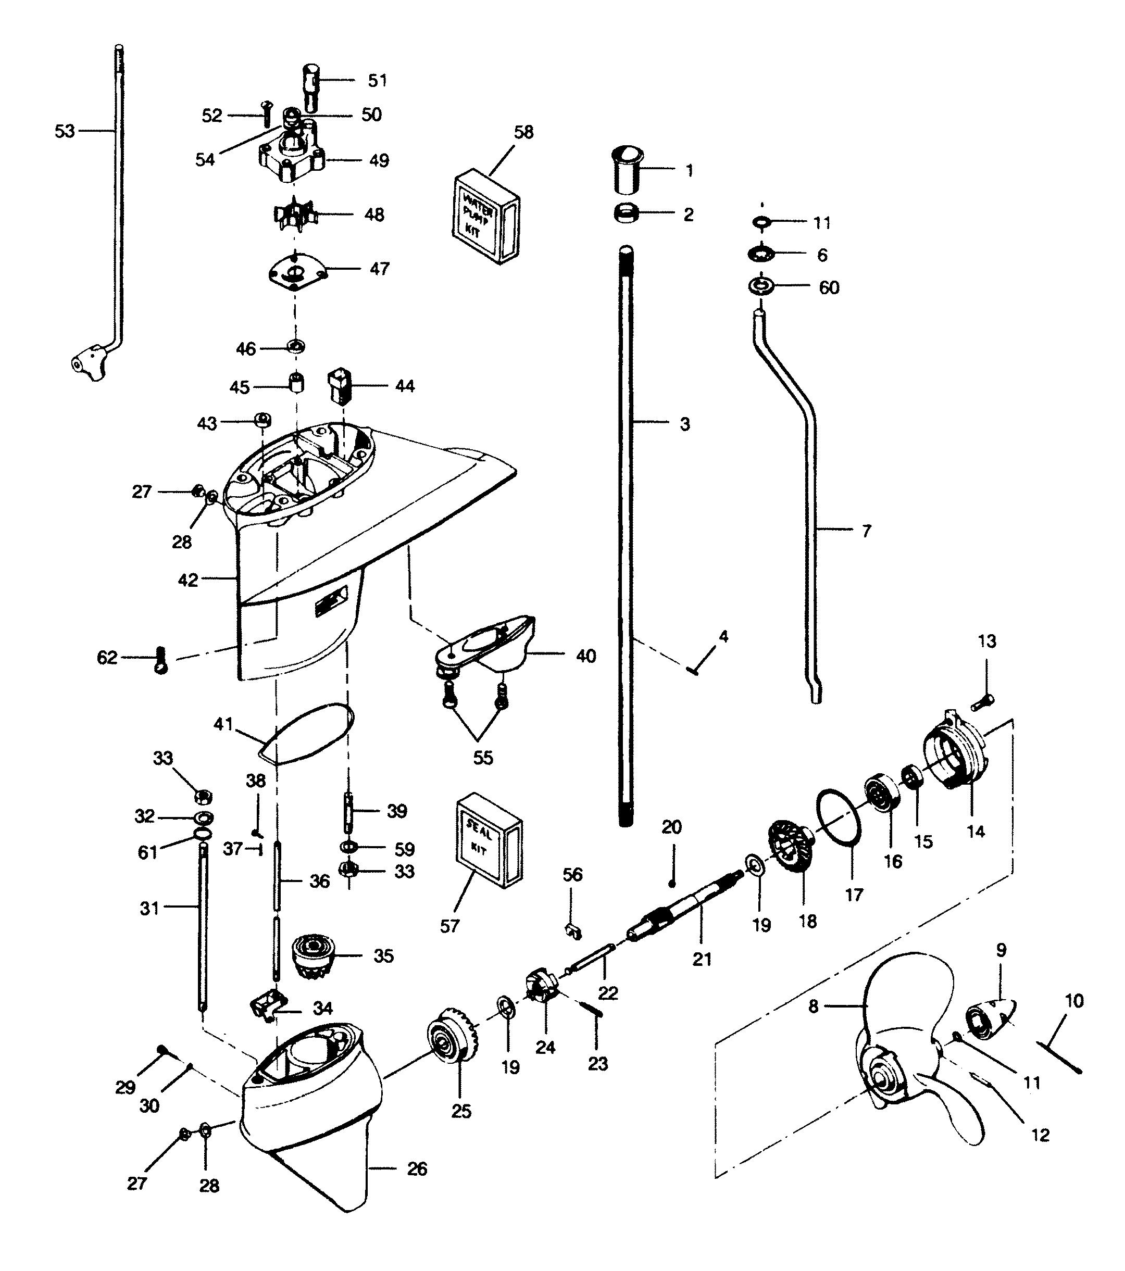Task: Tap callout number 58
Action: [x=523, y=132]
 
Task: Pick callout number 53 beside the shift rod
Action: [x=65, y=131]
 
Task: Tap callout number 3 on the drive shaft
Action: [x=685, y=424]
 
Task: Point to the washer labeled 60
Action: [x=760, y=287]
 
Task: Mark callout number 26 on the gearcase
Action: [x=417, y=1169]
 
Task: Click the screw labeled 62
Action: [x=160, y=660]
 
